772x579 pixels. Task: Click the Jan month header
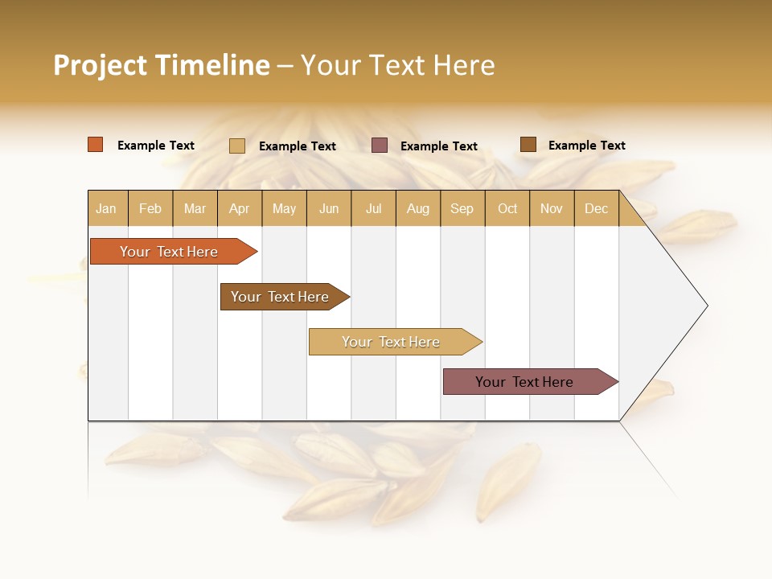click(106, 209)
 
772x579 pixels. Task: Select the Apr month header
click(240, 209)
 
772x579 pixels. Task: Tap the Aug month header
click(418, 209)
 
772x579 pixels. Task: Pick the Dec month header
click(597, 209)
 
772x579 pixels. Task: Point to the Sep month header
click(462, 209)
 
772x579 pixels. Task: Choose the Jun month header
click(329, 209)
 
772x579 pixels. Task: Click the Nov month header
click(552, 209)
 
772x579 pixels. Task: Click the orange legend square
click(96, 145)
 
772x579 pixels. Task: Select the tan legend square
click(237, 146)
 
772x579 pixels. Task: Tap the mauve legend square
click(380, 146)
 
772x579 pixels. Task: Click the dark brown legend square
click(528, 145)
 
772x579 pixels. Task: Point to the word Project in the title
click(101, 65)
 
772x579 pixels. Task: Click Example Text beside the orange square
click(156, 146)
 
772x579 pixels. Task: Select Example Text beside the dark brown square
click(587, 146)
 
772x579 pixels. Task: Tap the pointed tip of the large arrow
click(705, 306)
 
